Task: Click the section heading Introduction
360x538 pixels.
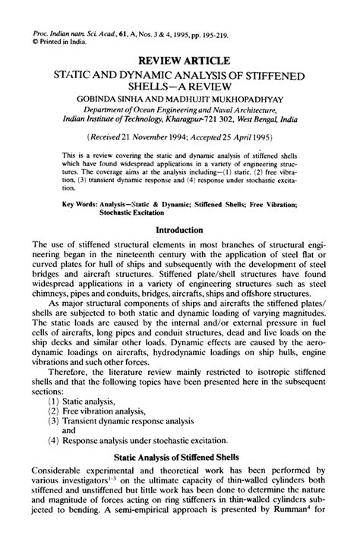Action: click(x=179, y=228)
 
